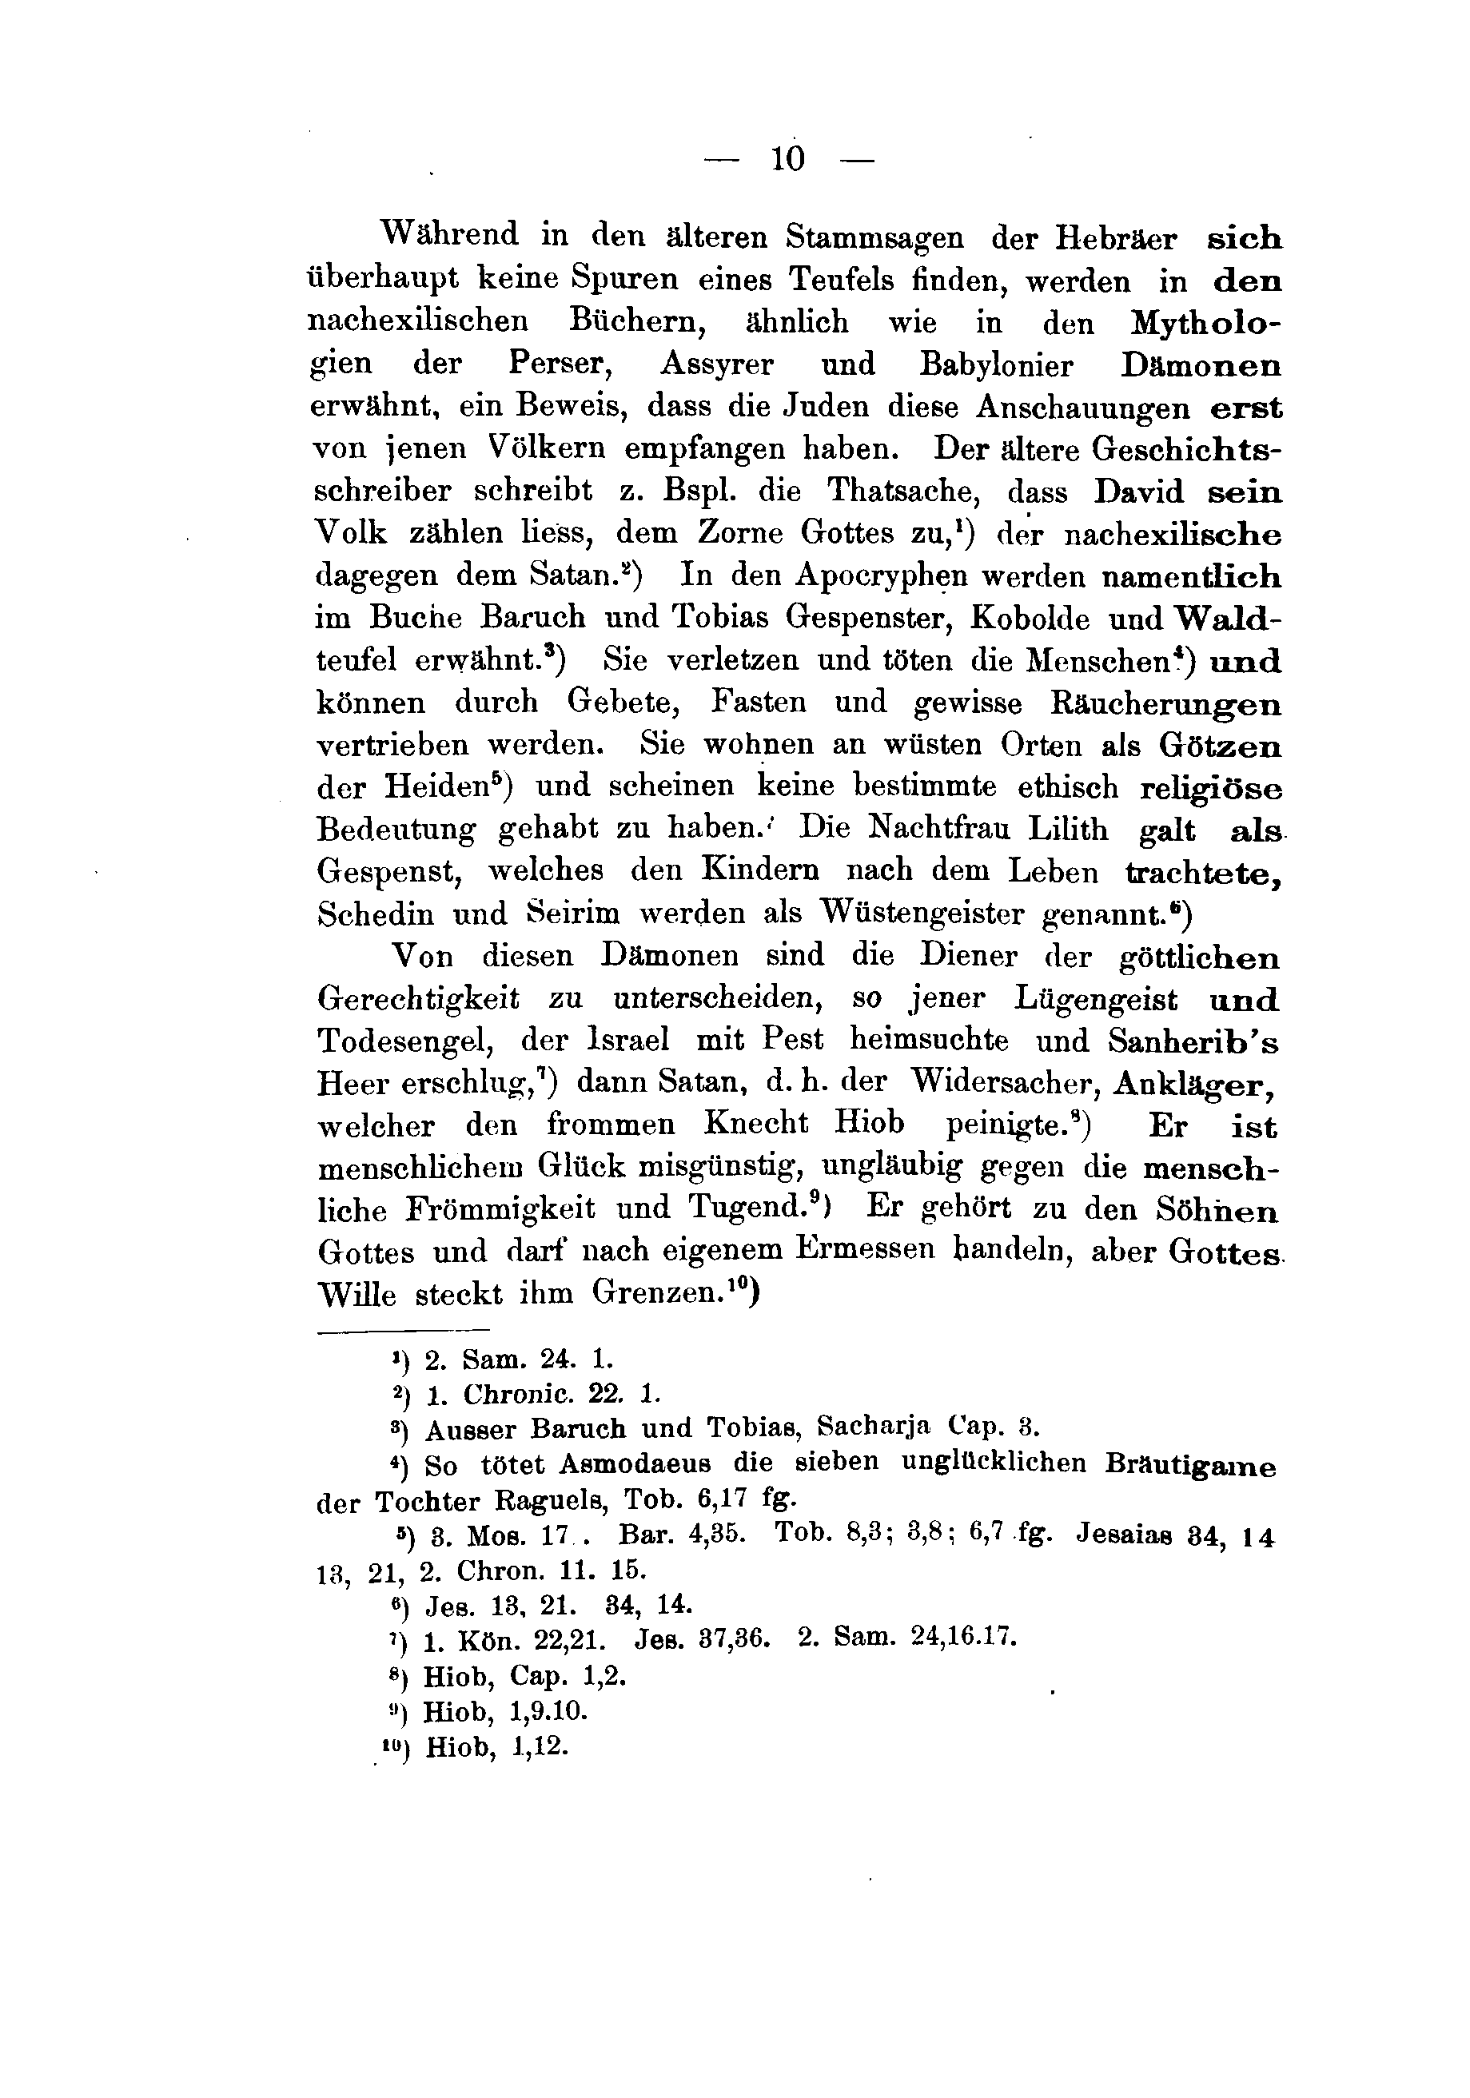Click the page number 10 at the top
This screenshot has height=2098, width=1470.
click(x=788, y=159)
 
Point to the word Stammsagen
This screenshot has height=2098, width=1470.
click(x=874, y=237)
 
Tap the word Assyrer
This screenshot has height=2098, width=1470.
click(x=717, y=364)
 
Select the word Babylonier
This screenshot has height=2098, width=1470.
click(x=997, y=364)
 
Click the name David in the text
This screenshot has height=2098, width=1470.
click(x=1138, y=492)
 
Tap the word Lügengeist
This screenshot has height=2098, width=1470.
click(x=1095, y=999)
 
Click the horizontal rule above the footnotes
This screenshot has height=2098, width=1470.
click(x=403, y=1331)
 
